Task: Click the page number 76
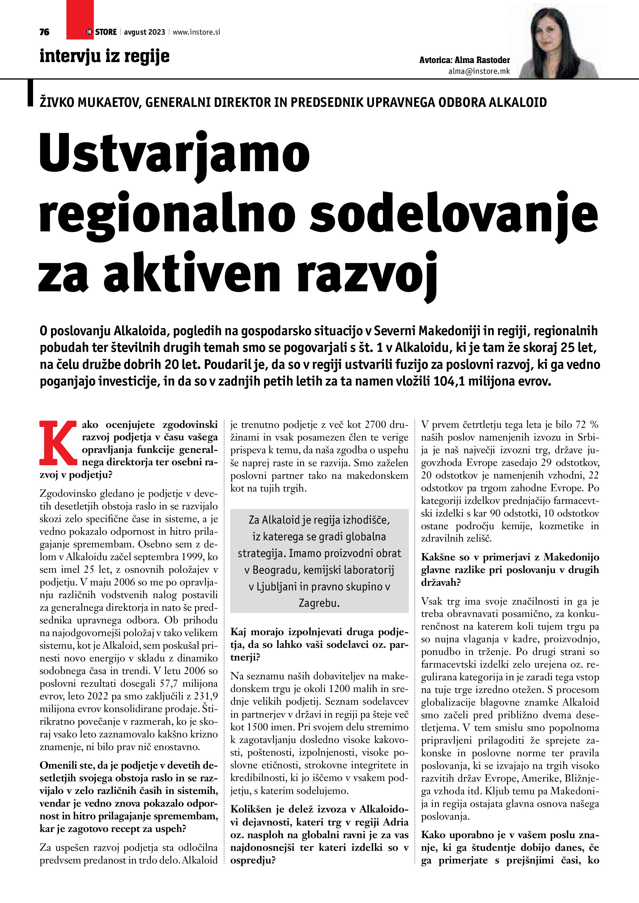click(x=45, y=32)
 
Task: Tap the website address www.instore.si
click(x=196, y=32)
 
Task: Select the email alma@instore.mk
click(x=479, y=71)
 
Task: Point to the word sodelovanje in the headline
click(x=454, y=215)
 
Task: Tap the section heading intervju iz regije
click(x=104, y=56)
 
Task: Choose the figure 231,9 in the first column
click(x=205, y=696)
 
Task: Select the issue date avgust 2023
click(x=144, y=32)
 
